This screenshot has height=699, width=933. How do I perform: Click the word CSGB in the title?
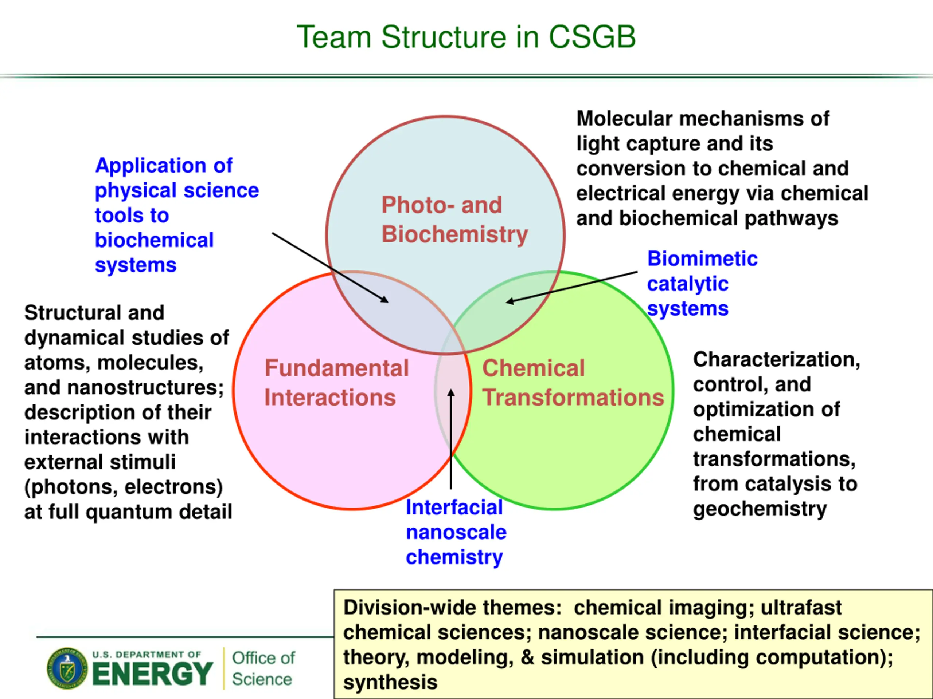pos(592,37)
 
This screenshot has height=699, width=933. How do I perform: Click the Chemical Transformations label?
pos(573,383)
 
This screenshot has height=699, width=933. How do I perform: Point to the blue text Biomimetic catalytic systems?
pos(702,284)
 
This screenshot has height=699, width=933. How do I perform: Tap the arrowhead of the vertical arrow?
pos(451,392)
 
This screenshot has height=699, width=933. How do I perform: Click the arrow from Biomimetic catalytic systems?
pos(571,287)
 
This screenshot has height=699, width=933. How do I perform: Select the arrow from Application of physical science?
pos(330,268)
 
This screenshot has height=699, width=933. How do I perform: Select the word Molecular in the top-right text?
pos(625,118)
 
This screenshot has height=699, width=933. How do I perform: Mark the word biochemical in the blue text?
pos(155,240)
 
